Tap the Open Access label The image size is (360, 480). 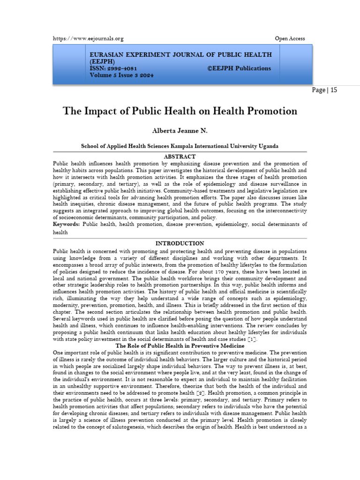[290, 38]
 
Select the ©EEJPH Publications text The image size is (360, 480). [239, 68]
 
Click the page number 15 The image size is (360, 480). [333, 90]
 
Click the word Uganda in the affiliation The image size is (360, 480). [269, 146]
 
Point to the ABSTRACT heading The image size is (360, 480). [180, 156]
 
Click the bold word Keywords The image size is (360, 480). [66, 225]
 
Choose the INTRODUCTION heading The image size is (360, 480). [180, 243]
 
